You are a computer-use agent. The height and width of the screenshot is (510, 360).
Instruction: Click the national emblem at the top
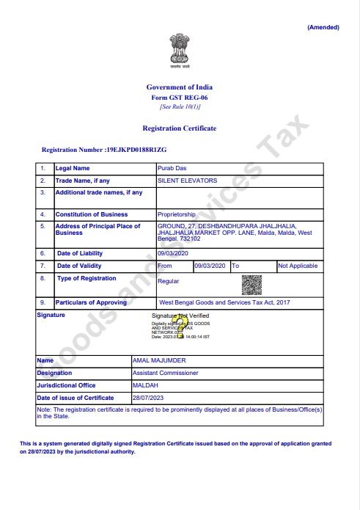[x=180, y=49]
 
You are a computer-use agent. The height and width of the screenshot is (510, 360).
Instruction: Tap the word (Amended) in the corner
[x=323, y=27]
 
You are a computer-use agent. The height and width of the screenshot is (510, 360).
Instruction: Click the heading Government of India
[x=180, y=87]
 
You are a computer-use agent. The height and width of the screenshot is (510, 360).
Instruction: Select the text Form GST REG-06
[x=180, y=98]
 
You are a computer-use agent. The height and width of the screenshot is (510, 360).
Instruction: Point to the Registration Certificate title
[x=180, y=128]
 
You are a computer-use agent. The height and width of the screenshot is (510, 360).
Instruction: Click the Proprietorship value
[x=177, y=214]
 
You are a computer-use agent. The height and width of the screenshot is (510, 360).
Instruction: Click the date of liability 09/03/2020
[x=172, y=252]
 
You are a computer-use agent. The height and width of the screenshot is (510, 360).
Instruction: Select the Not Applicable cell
[x=298, y=266]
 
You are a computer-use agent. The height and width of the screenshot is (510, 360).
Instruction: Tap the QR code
[x=251, y=284]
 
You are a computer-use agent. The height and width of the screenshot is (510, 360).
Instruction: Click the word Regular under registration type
[x=169, y=281]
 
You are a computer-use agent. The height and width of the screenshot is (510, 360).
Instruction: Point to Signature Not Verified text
[x=180, y=316]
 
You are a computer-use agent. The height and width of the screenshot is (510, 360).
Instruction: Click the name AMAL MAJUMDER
[x=158, y=361]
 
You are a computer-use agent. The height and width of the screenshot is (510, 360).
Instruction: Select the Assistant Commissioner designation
[x=166, y=373]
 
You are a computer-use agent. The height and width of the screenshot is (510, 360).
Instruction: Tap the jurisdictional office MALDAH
[x=144, y=385]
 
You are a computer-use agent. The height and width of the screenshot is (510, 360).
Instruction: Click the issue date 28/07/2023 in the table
[x=148, y=397]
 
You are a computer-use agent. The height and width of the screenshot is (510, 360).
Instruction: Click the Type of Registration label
[x=87, y=278]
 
